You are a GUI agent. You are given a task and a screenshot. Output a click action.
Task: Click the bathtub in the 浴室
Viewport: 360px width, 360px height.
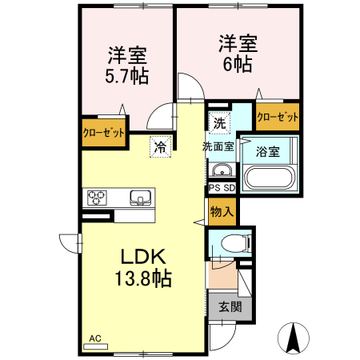click(270, 178)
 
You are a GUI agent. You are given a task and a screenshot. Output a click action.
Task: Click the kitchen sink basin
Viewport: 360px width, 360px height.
click(139, 197)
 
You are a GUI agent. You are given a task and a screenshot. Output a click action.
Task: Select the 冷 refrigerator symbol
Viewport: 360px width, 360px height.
click(160, 146)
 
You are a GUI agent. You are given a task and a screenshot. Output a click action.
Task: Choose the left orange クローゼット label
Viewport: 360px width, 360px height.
click(103, 133)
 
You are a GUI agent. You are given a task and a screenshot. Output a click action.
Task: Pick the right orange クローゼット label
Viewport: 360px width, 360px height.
click(278, 117)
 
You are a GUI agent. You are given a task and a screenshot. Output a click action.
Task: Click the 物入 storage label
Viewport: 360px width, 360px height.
click(221, 212)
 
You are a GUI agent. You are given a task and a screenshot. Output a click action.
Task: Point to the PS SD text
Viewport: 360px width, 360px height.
click(221, 188)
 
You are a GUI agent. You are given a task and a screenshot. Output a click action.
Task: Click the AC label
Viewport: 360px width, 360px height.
click(96, 338)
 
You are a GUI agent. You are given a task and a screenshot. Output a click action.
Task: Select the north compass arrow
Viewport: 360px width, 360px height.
click(293, 337)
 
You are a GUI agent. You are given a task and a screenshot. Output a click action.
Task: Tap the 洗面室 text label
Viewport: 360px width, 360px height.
click(218, 146)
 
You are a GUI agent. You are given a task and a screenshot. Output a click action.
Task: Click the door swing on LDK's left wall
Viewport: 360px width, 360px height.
click(69, 241)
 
